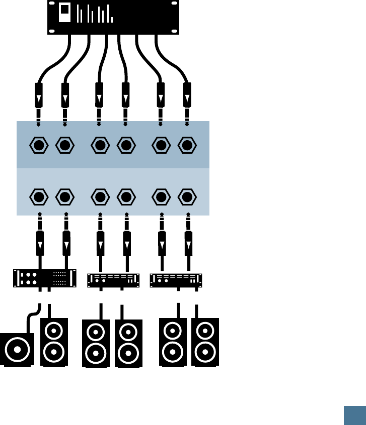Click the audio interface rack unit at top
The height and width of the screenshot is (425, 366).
pos(114,17)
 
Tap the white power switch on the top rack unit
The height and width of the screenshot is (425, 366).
pos(65,13)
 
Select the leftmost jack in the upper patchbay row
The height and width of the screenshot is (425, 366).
pos(39,146)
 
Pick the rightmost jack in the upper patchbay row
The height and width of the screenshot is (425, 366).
pos(187,146)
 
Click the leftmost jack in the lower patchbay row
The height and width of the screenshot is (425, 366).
pos(39,196)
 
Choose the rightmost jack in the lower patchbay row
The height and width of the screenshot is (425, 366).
pos(187,196)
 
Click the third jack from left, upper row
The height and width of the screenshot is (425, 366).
pos(100,146)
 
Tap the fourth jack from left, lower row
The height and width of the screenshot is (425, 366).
pos(126,196)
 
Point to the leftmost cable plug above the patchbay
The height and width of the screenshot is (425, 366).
pos(39,95)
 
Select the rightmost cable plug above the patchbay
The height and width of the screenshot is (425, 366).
pos(187,95)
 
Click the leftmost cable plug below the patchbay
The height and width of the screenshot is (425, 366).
pos(40,243)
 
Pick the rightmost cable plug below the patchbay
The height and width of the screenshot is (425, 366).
pos(188,243)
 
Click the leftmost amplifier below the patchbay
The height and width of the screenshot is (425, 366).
pos(44,278)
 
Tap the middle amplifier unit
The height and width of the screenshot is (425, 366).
pos(113,280)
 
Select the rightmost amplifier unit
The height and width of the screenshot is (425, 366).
pos(176,280)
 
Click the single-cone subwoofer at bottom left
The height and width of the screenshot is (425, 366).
pos(17,349)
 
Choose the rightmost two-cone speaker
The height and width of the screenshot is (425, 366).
pos(205,342)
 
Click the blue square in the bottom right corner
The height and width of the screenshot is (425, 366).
pos(354,415)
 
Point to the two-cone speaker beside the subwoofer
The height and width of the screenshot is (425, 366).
pos(54,342)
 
